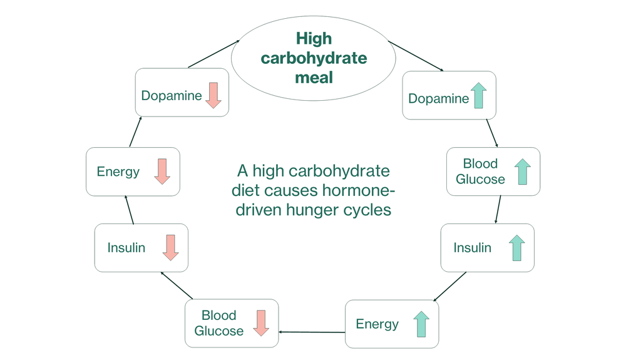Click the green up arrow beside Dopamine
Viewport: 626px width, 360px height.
point(479,95)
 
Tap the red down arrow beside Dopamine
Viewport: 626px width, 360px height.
point(213,95)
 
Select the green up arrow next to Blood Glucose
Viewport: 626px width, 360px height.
point(522,172)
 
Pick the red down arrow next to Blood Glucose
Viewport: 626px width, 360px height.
point(261,323)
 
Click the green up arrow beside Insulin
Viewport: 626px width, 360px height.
point(516,248)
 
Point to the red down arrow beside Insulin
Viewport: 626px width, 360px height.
point(170,247)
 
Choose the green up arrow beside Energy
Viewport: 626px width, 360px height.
point(421,324)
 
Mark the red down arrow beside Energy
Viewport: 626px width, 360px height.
point(162,171)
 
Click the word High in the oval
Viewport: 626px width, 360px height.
point(314,39)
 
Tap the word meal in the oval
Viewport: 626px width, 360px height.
point(314,78)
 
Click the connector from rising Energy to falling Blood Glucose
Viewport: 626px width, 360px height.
point(312,331)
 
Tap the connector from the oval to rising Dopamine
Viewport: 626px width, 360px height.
point(416,56)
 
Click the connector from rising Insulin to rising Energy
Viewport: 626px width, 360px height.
point(454,287)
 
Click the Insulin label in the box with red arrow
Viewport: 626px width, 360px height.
point(126,247)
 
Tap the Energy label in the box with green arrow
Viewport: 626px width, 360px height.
point(377,324)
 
